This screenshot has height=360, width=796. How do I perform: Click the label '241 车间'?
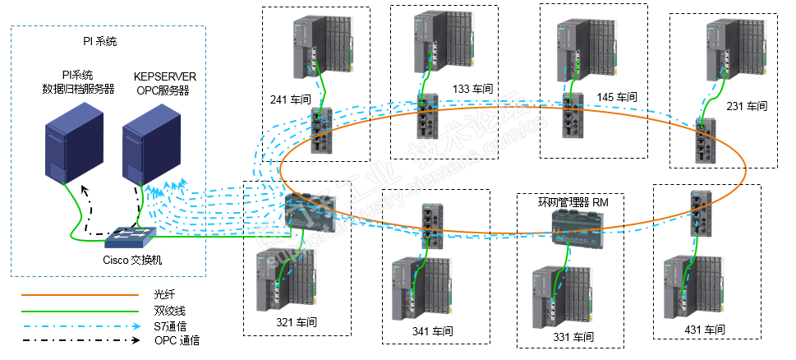289,101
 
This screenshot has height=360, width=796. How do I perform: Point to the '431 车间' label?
706,329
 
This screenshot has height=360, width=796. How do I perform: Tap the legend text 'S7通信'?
171,325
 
